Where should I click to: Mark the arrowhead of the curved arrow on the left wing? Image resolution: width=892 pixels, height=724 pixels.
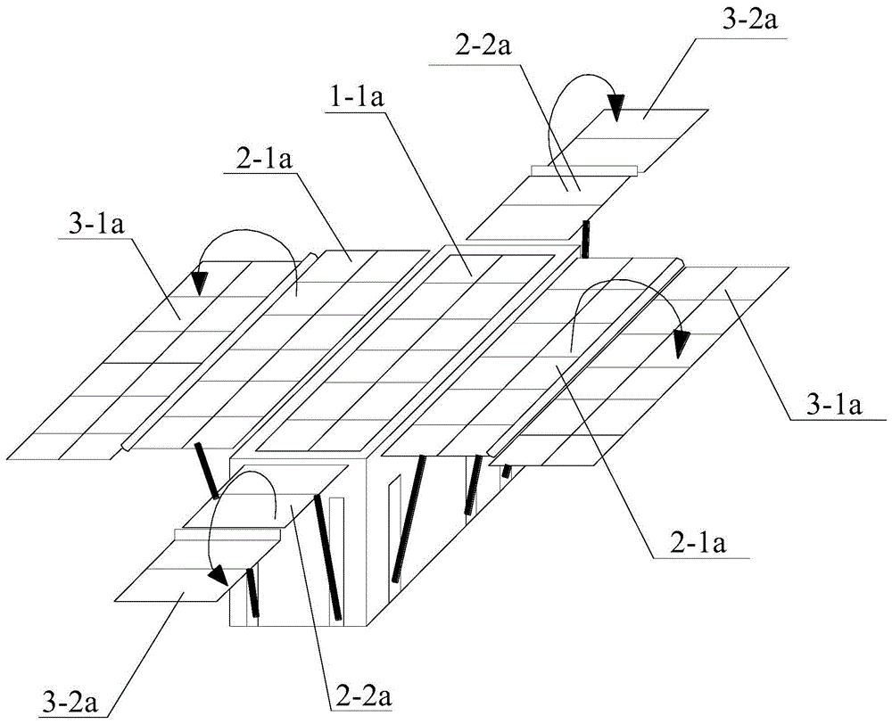201,282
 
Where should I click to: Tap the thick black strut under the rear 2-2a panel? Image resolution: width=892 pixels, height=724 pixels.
586,240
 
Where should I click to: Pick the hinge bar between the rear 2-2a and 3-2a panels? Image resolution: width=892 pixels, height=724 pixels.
584,169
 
